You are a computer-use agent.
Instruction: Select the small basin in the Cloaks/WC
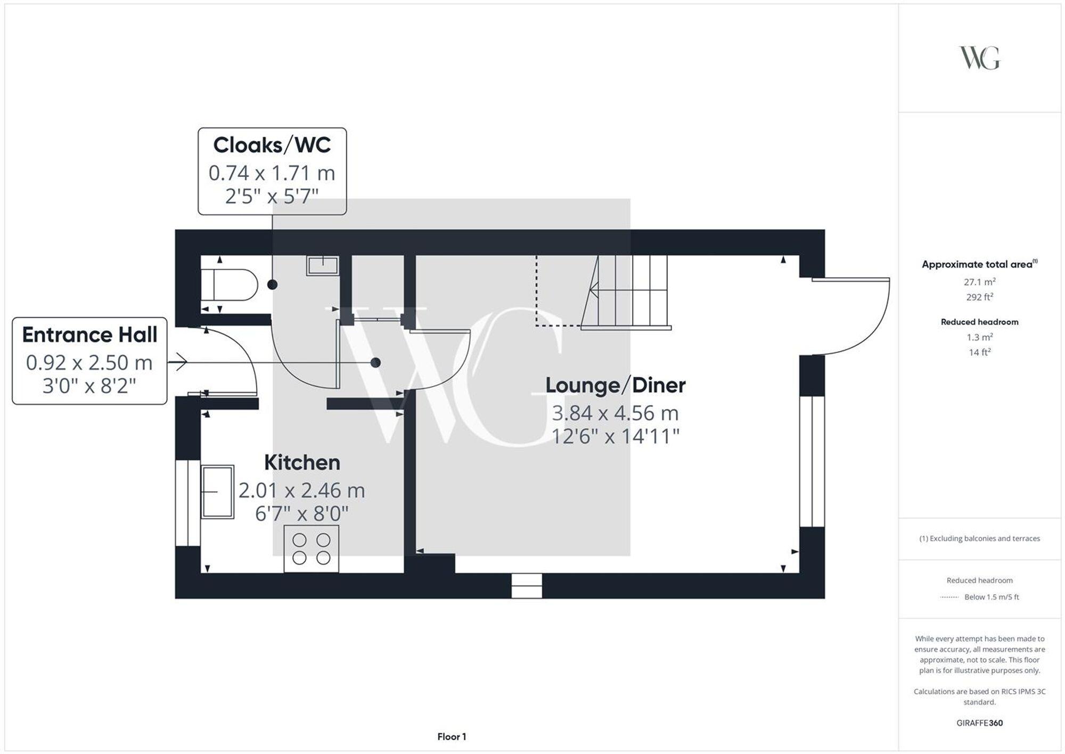pyautogui.click(x=323, y=265)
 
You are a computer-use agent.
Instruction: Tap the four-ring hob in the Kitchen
pyautogui.click(x=312, y=549)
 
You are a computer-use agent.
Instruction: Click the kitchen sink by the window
pyautogui.click(x=218, y=491)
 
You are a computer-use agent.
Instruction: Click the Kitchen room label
pyautogui.click(x=302, y=463)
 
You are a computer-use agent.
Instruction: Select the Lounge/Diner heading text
pyautogui.click(x=615, y=385)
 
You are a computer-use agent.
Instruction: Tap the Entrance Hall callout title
pyautogui.click(x=89, y=335)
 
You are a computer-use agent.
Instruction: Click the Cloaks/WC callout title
pyautogui.click(x=272, y=145)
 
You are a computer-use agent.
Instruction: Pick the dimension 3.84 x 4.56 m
pyautogui.click(x=615, y=413)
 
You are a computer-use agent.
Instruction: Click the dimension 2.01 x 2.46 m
pyautogui.click(x=302, y=490)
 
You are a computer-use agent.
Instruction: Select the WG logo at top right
pyautogui.click(x=979, y=58)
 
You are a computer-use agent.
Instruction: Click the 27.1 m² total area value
pyautogui.click(x=979, y=282)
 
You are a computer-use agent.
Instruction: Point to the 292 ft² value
pyautogui.click(x=979, y=297)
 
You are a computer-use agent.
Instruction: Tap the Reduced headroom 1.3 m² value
pyautogui.click(x=979, y=337)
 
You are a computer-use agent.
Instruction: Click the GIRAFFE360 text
pyautogui.click(x=979, y=723)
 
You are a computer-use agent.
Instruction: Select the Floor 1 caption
pyautogui.click(x=452, y=737)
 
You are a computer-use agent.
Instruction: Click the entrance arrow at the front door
pyautogui.click(x=178, y=363)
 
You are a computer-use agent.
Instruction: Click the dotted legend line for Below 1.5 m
pyautogui.click(x=949, y=597)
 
